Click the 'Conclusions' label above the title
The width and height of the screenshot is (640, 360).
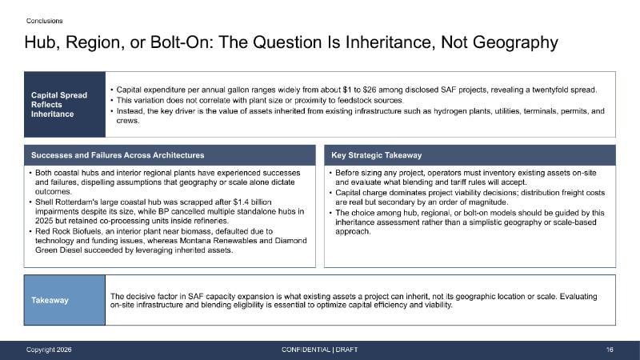pos(45,21)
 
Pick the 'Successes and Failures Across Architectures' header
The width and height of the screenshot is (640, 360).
pos(118,155)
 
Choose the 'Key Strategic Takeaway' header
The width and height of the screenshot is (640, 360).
pos(376,155)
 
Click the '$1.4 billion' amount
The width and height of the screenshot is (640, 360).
pos(252,202)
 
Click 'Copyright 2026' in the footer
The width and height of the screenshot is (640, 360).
pos(49,350)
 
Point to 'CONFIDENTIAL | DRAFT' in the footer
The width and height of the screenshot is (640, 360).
pos(319,350)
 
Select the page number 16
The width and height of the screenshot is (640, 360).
pos(610,350)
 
